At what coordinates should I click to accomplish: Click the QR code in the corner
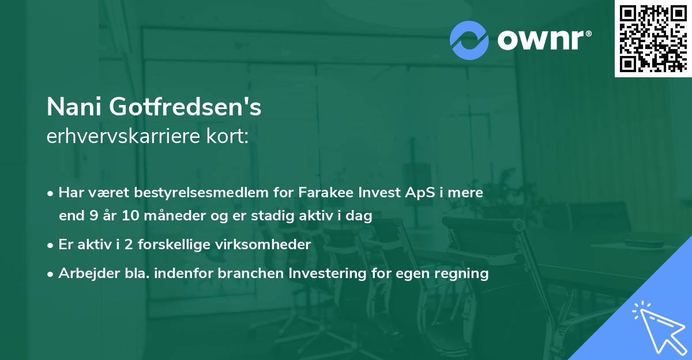coord(653,38)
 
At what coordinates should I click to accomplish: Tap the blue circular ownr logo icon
coord(469,40)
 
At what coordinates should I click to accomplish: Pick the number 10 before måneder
coord(128,216)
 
